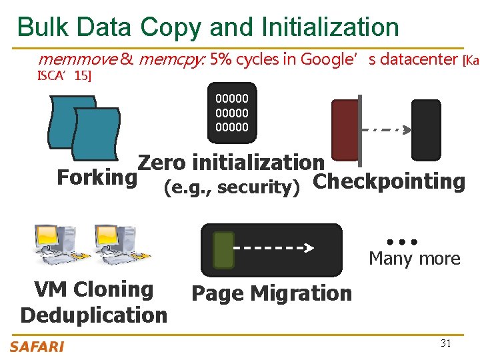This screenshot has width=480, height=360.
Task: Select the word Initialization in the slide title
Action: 331,27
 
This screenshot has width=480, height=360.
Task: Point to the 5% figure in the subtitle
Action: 221,60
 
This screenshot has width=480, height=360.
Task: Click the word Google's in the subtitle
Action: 327,60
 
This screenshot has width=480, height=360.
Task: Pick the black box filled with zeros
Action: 231,113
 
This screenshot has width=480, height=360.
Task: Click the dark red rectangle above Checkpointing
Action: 345,131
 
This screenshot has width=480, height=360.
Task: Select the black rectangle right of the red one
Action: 425,131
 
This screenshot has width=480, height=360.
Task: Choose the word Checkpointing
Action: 389,181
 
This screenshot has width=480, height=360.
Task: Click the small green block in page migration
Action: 223,250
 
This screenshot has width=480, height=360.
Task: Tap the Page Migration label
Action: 271,293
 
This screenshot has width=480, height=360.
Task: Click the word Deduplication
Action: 94,315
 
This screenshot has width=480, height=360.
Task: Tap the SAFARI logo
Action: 37,346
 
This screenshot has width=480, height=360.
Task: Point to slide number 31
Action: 446,343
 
